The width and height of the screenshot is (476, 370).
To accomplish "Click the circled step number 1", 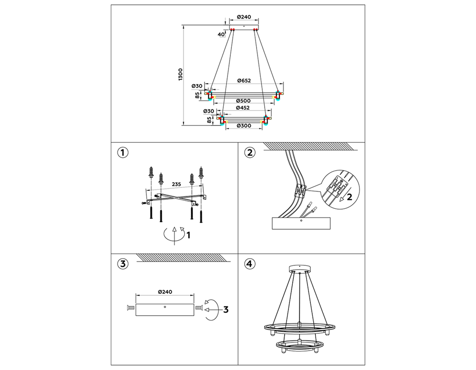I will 123,153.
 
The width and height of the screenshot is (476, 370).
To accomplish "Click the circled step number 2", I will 249,153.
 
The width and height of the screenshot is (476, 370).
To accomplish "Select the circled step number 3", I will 123,264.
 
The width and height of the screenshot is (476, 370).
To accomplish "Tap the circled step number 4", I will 249,264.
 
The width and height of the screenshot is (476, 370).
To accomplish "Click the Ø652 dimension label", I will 244,80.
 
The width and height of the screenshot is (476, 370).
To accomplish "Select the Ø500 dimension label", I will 244,101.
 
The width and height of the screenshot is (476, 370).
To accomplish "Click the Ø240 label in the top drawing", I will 244,18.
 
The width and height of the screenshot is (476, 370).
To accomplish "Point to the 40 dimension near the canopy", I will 221,34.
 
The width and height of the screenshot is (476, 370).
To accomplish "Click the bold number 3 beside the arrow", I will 226,309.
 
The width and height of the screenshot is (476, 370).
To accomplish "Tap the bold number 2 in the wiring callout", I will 349,197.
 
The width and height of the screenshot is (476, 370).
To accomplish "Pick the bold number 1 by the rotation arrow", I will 188,234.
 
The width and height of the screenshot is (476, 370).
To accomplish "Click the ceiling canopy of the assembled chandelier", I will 299,268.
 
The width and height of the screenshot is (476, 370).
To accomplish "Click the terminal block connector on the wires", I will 300,190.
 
